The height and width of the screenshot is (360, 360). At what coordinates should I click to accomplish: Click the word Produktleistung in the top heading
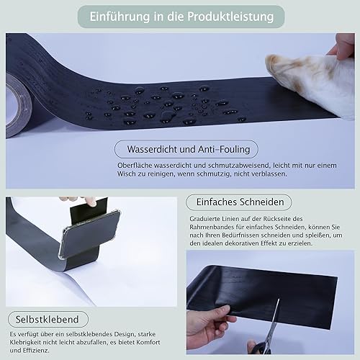(230, 17)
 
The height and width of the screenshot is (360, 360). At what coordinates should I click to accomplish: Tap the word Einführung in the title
(120, 17)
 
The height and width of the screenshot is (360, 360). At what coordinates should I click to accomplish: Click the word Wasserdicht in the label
(153, 149)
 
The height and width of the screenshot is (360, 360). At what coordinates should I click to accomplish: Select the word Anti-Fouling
(224, 149)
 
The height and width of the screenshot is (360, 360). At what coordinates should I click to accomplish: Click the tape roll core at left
(17, 106)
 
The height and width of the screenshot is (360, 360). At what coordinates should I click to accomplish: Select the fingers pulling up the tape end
(79, 200)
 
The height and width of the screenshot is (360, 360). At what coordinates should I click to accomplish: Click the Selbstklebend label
(48, 320)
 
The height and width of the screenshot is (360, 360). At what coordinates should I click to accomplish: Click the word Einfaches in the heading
(217, 202)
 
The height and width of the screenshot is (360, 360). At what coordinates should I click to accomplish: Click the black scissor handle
(261, 348)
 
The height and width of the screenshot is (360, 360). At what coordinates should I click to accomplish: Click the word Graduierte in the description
(204, 219)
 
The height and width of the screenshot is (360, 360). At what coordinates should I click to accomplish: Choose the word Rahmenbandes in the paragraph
(212, 227)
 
